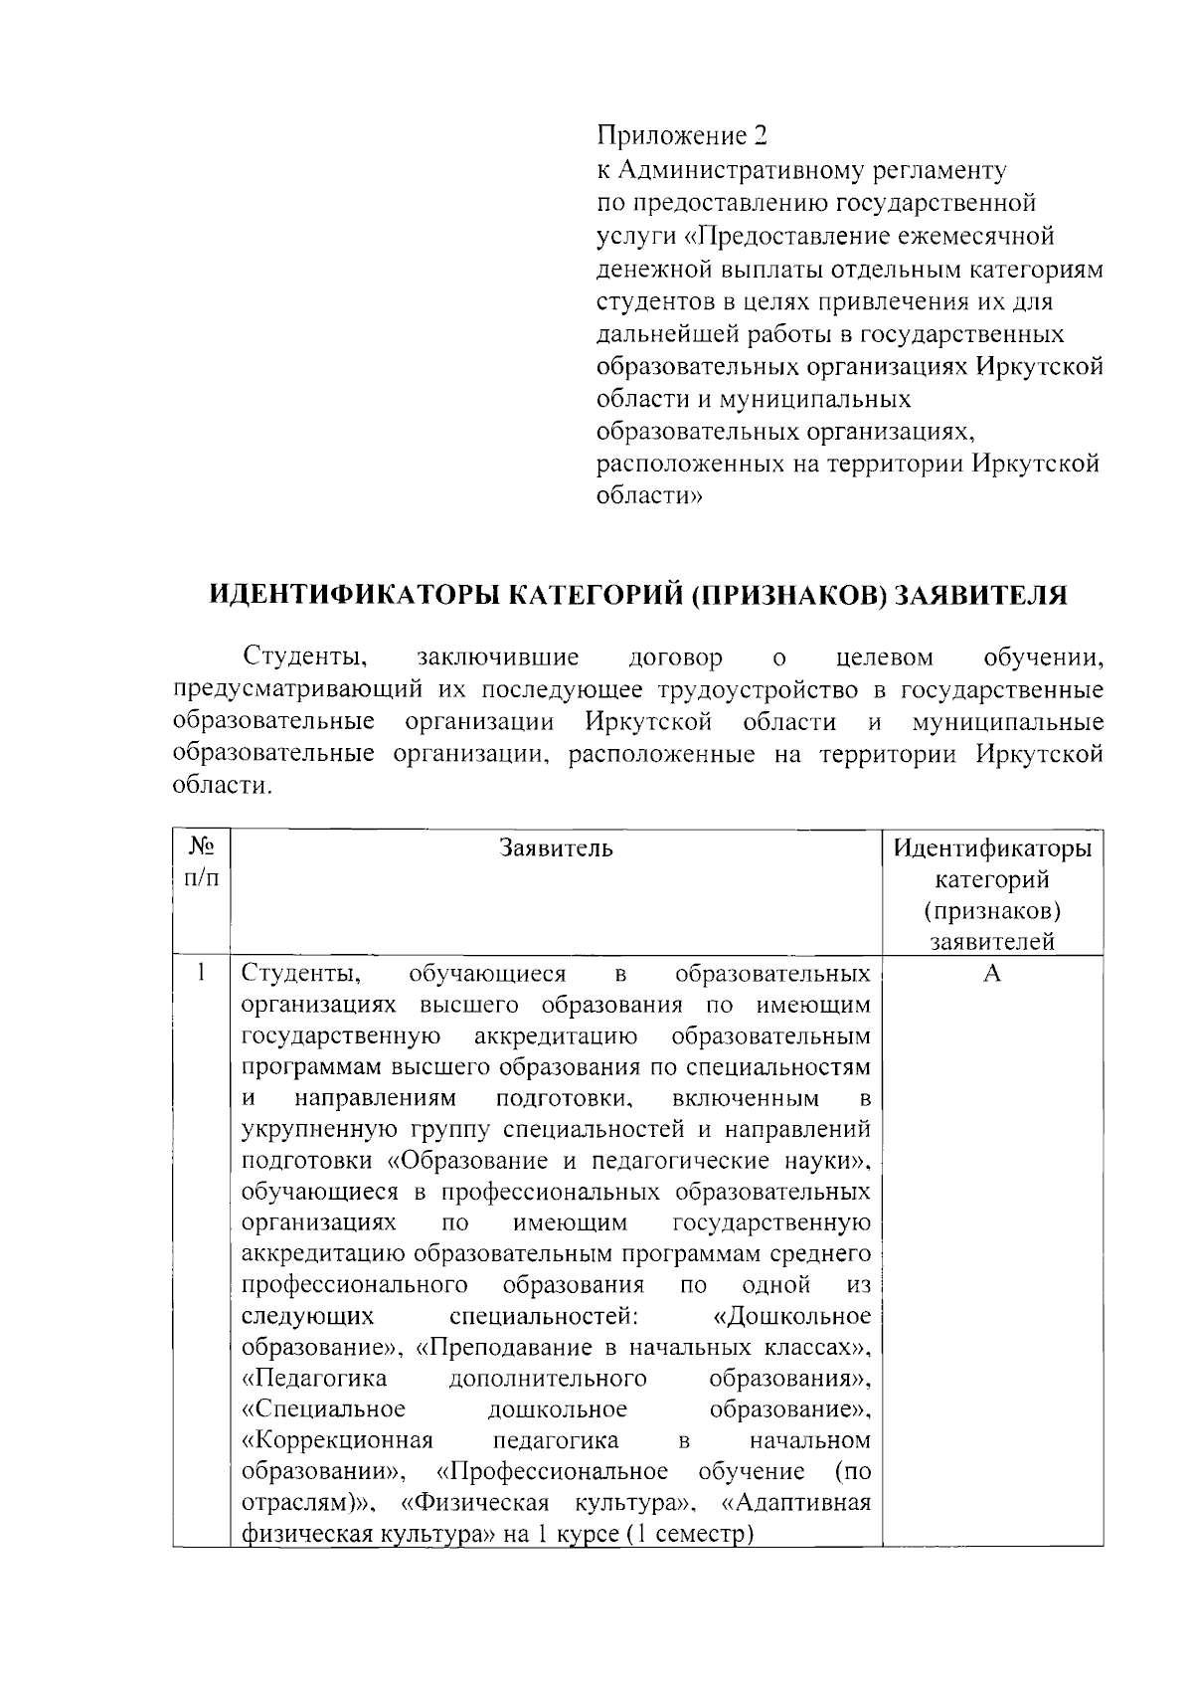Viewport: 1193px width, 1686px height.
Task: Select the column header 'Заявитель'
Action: pyautogui.click(x=557, y=848)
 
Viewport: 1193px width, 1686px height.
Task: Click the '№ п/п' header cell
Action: pyautogui.click(x=202, y=863)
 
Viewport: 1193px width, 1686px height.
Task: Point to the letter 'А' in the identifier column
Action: pyautogui.click(x=991, y=974)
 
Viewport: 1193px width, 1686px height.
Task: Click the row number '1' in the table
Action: pyautogui.click(x=202, y=973)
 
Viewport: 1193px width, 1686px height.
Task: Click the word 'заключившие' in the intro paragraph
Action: pyautogui.click(x=498, y=657)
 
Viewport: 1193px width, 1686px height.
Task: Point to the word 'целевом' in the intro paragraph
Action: pyautogui.click(x=885, y=657)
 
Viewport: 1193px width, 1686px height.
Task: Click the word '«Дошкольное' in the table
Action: pyautogui.click(x=792, y=1317)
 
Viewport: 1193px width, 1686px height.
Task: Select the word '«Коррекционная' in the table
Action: pyautogui.click(x=337, y=1441)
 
